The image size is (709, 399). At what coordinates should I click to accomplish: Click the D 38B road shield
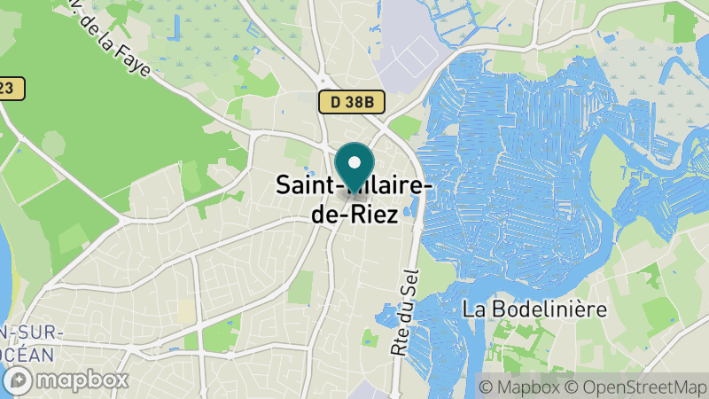(352, 102)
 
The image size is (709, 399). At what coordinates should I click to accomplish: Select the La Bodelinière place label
(534, 309)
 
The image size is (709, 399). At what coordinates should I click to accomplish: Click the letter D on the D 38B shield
(336, 102)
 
